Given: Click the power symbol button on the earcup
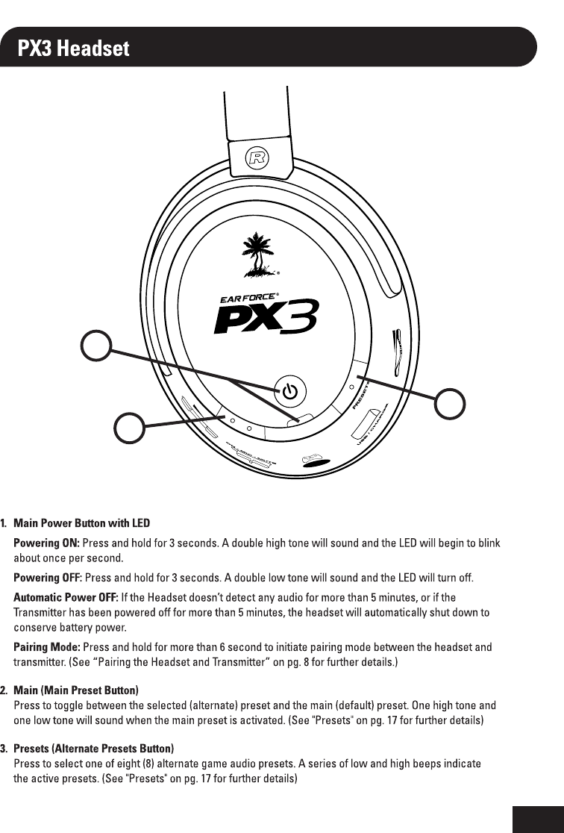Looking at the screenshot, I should [290, 390].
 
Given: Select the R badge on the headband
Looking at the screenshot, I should [259, 157].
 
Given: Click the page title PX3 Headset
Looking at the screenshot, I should [74, 49].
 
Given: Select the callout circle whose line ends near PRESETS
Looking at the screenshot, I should [451, 403].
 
